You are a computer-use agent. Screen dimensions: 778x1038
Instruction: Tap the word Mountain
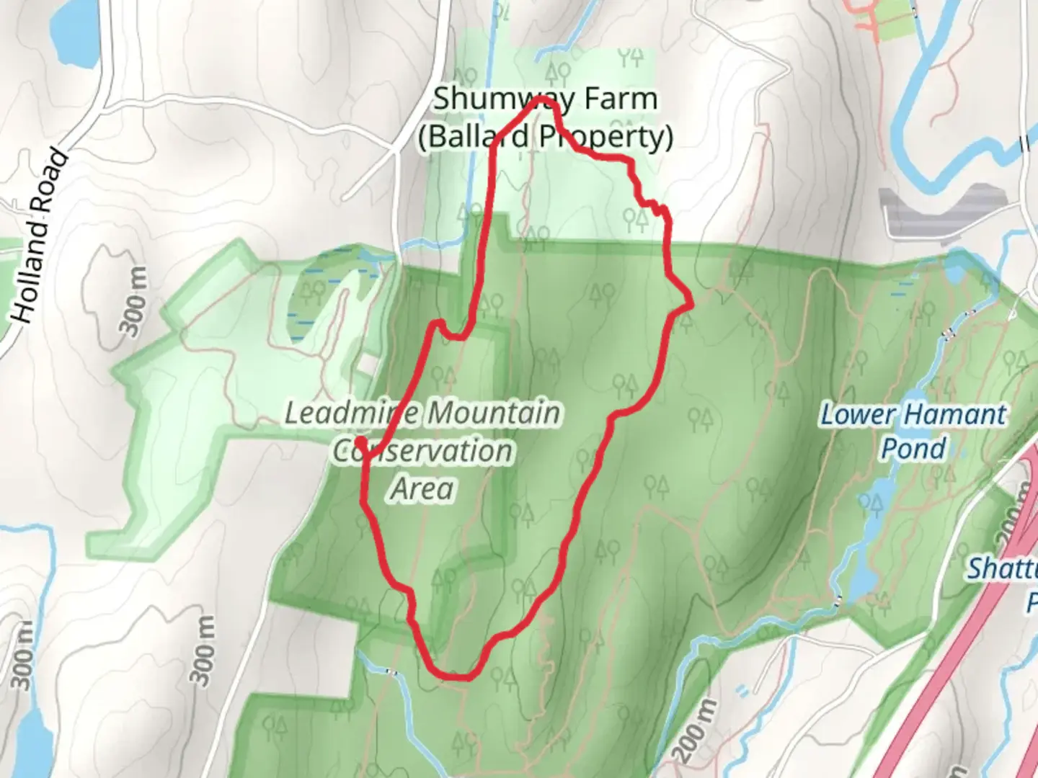(x=494, y=414)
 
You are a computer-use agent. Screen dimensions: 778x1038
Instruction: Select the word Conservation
(x=423, y=452)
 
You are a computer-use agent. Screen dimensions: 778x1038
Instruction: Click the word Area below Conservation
(x=423, y=489)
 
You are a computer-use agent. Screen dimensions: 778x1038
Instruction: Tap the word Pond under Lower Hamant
(x=913, y=449)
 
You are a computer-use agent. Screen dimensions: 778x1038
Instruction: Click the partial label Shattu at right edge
(x=1002, y=569)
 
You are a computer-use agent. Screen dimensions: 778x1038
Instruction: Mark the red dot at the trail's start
(x=359, y=437)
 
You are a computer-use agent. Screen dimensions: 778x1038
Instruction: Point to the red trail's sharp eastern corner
(x=691, y=305)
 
